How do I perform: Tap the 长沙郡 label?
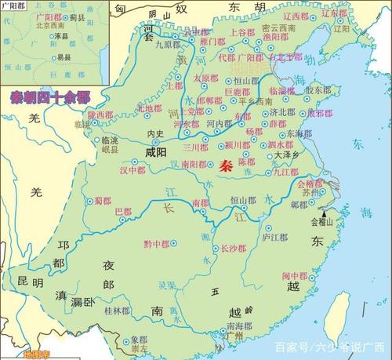[x=233, y=249]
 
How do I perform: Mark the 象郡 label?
[x=138, y=340]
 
